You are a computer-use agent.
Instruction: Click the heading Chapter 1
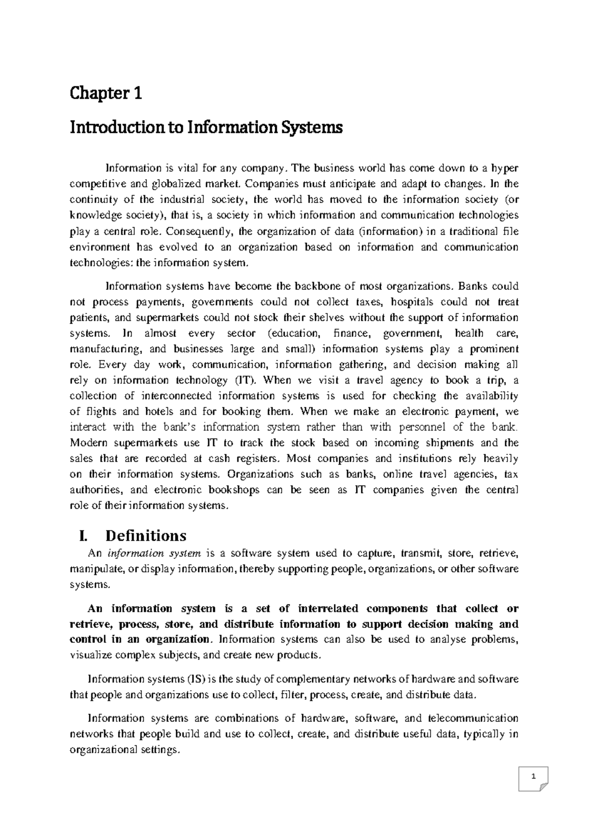tap(106, 93)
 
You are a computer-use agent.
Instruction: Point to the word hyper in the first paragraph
tap(504, 168)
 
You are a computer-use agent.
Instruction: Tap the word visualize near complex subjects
tap(91, 655)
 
